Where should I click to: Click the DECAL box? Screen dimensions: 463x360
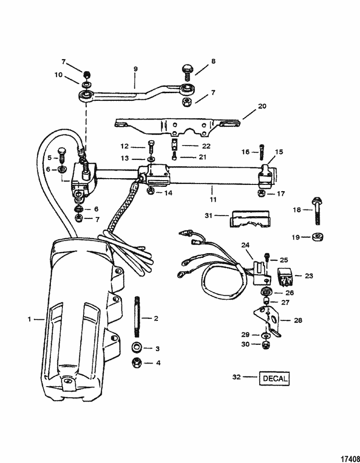[x=275, y=378]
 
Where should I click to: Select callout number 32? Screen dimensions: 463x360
[x=236, y=378]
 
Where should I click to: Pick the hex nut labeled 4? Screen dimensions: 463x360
[x=137, y=363]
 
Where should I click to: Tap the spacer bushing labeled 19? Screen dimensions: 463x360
[x=318, y=237]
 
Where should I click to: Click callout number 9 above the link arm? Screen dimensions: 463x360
[x=135, y=69]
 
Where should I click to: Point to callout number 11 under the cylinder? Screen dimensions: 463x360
[x=212, y=198]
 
